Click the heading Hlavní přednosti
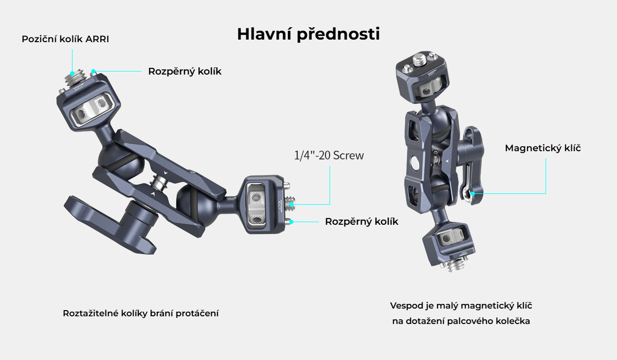[308, 34]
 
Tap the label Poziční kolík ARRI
[65, 39]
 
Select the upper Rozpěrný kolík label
[185, 71]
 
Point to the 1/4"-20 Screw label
[329, 155]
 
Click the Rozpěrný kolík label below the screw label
[361, 222]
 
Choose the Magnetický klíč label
[542, 148]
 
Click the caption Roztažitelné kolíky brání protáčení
[141, 313]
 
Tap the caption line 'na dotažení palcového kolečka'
[461, 321]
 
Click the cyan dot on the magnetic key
[473, 194]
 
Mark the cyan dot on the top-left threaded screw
[72, 73]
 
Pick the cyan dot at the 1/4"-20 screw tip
[291, 204]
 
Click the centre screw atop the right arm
[420, 60]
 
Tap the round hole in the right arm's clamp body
[414, 163]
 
